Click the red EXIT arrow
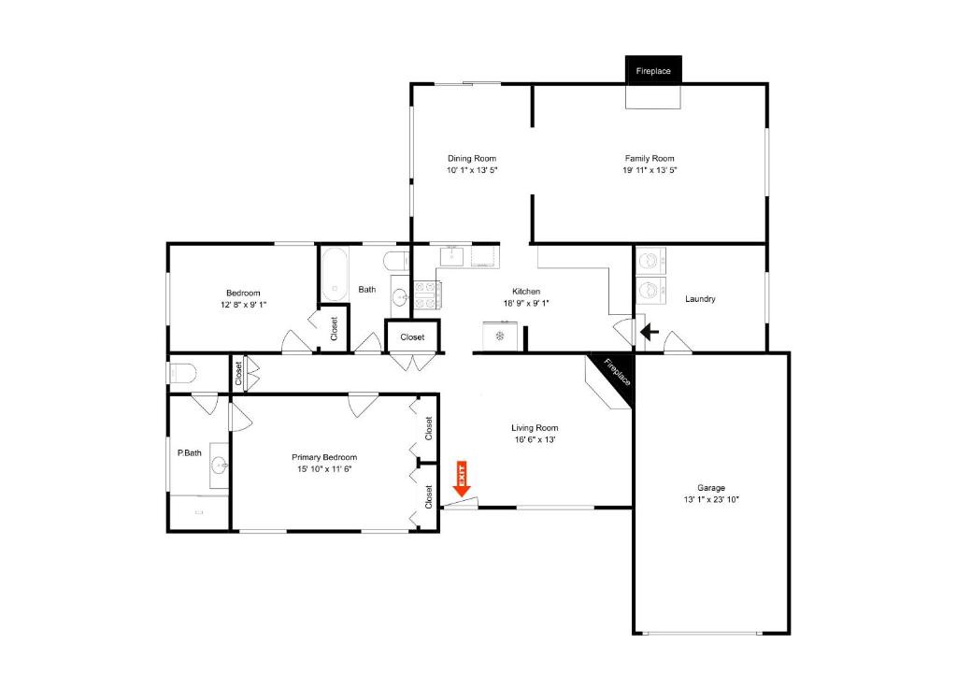[462, 479]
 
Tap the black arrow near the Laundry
[650, 333]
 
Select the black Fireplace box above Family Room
[653, 69]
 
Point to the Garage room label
[711, 487]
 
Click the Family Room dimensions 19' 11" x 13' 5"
[650, 170]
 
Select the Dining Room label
[472, 158]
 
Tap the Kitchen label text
[526, 292]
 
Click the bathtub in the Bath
[335, 274]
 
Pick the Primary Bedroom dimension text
[324, 469]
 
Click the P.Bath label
[189, 453]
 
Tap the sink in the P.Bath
[219, 466]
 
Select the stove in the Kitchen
[428, 295]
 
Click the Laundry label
[700, 298]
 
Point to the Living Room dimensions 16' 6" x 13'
[535, 439]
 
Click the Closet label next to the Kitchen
[412, 337]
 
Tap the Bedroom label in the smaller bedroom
[243, 293]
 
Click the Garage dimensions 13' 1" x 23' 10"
[711, 499]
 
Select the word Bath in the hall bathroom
[366, 290]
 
